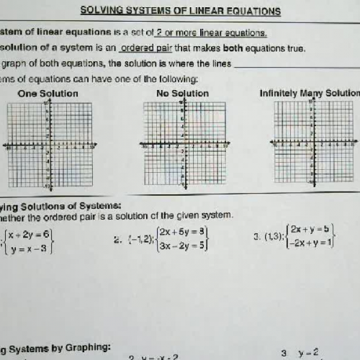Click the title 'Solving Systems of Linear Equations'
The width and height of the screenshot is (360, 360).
(180, 11)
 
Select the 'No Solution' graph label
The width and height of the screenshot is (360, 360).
(182, 93)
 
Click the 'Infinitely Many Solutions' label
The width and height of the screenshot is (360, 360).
(310, 93)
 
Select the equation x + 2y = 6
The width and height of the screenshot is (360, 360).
(28, 234)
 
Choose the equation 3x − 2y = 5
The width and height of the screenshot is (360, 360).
(184, 245)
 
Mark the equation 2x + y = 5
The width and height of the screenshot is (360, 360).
(310, 229)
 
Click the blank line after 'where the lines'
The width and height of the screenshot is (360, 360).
(295, 63)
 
